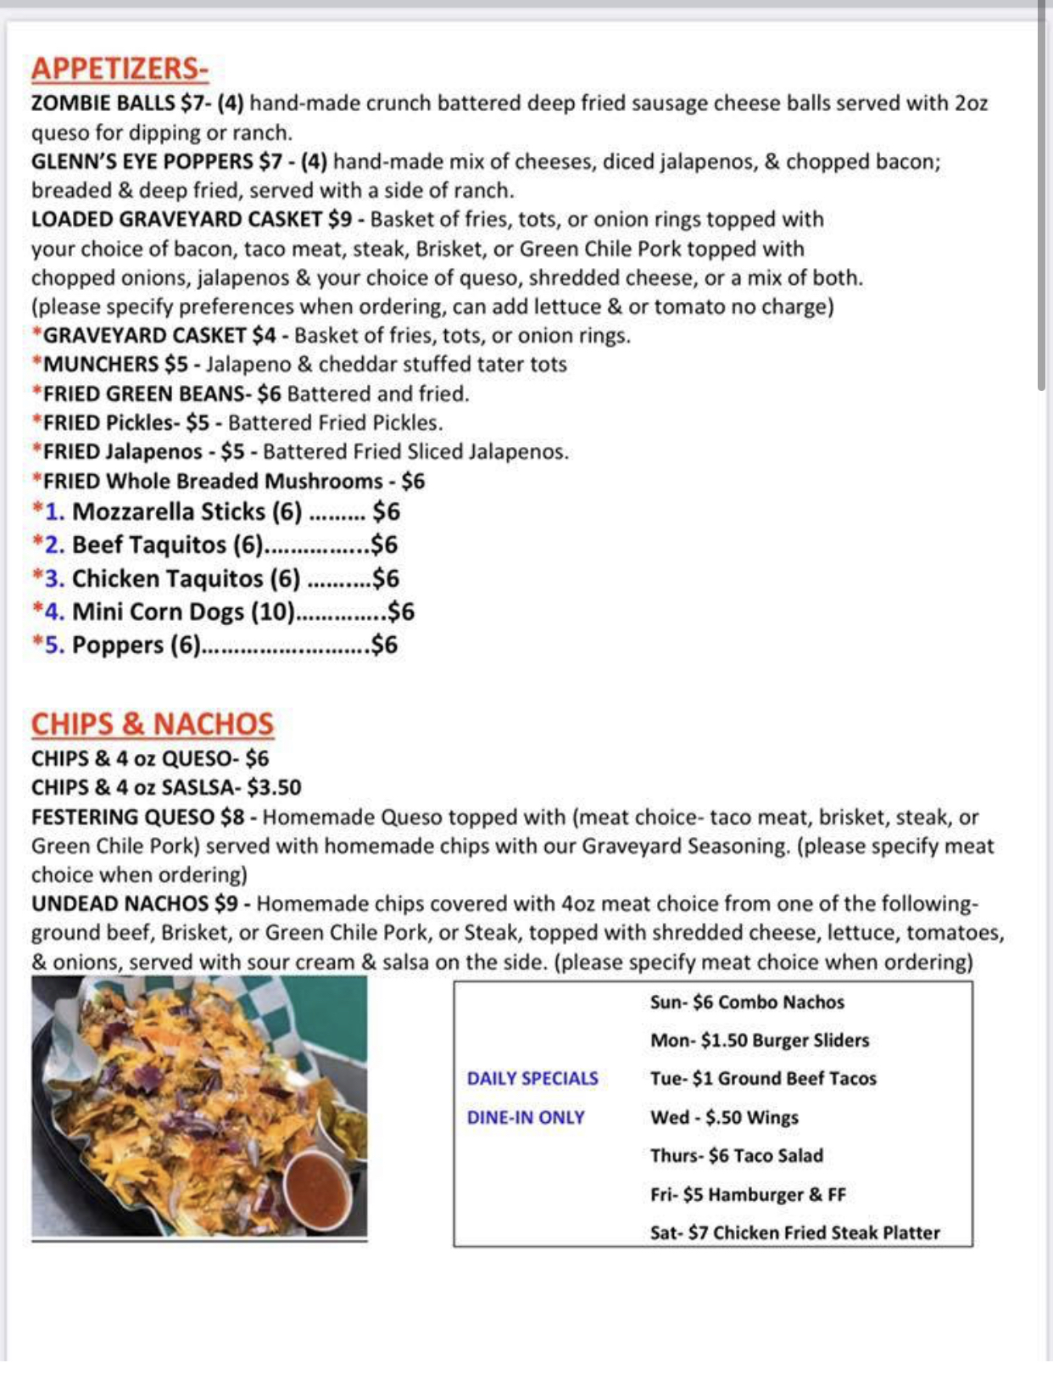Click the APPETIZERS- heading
pos(120,69)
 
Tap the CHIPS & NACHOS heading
pos(153,724)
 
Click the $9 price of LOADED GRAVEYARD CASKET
pos(339,220)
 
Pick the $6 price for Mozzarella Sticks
pos(386,511)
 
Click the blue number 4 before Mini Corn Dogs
pos(53,612)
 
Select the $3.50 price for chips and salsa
pos(273,788)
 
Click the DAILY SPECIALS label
pos(532,1079)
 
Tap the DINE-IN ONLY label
pos(526,1118)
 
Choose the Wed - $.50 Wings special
pos(724,1118)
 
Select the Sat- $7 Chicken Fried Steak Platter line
pos(794,1233)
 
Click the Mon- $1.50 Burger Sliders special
pos(760,1041)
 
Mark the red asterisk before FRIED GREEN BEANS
pos(36,394)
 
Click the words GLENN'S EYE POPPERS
pos(142,162)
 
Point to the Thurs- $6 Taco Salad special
pos(736,1156)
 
